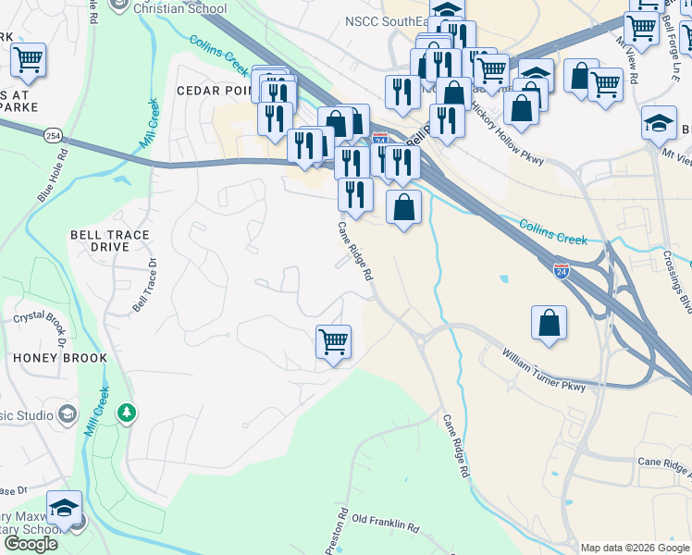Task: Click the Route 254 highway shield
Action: click(x=53, y=135)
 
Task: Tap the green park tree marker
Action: click(x=127, y=413)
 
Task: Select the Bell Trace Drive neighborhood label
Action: click(x=109, y=241)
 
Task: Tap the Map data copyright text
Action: click(x=635, y=548)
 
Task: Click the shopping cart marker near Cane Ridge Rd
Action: click(x=333, y=341)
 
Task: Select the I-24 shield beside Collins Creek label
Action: click(x=561, y=271)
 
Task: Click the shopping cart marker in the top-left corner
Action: click(x=28, y=60)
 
